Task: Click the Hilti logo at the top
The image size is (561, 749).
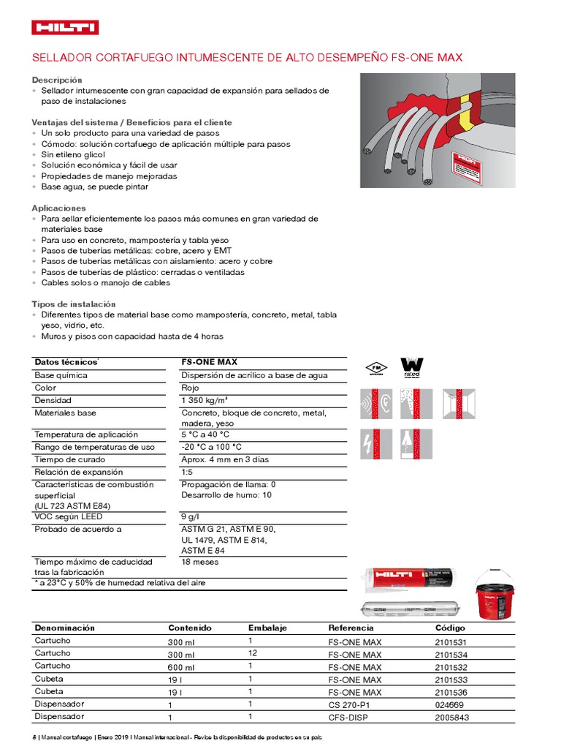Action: coord(66,28)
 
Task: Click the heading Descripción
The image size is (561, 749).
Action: coord(57,80)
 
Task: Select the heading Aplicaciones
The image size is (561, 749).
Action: coord(58,208)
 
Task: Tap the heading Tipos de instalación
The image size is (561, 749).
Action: coord(73,304)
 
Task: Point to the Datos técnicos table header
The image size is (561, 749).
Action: coord(66,362)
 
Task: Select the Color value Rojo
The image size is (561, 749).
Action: coord(190,388)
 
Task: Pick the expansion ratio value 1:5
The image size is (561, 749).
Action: coord(188,472)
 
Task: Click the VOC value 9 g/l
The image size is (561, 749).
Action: coord(191,516)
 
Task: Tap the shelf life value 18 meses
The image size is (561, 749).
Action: coord(199,562)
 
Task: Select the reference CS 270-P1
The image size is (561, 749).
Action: coord(350,704)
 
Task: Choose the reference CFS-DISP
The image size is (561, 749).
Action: coord(348,718)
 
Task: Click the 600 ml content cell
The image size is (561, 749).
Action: coord(181,667)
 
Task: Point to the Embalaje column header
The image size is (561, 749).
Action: coord(267,628)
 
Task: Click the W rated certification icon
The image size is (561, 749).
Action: coord(412,367)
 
